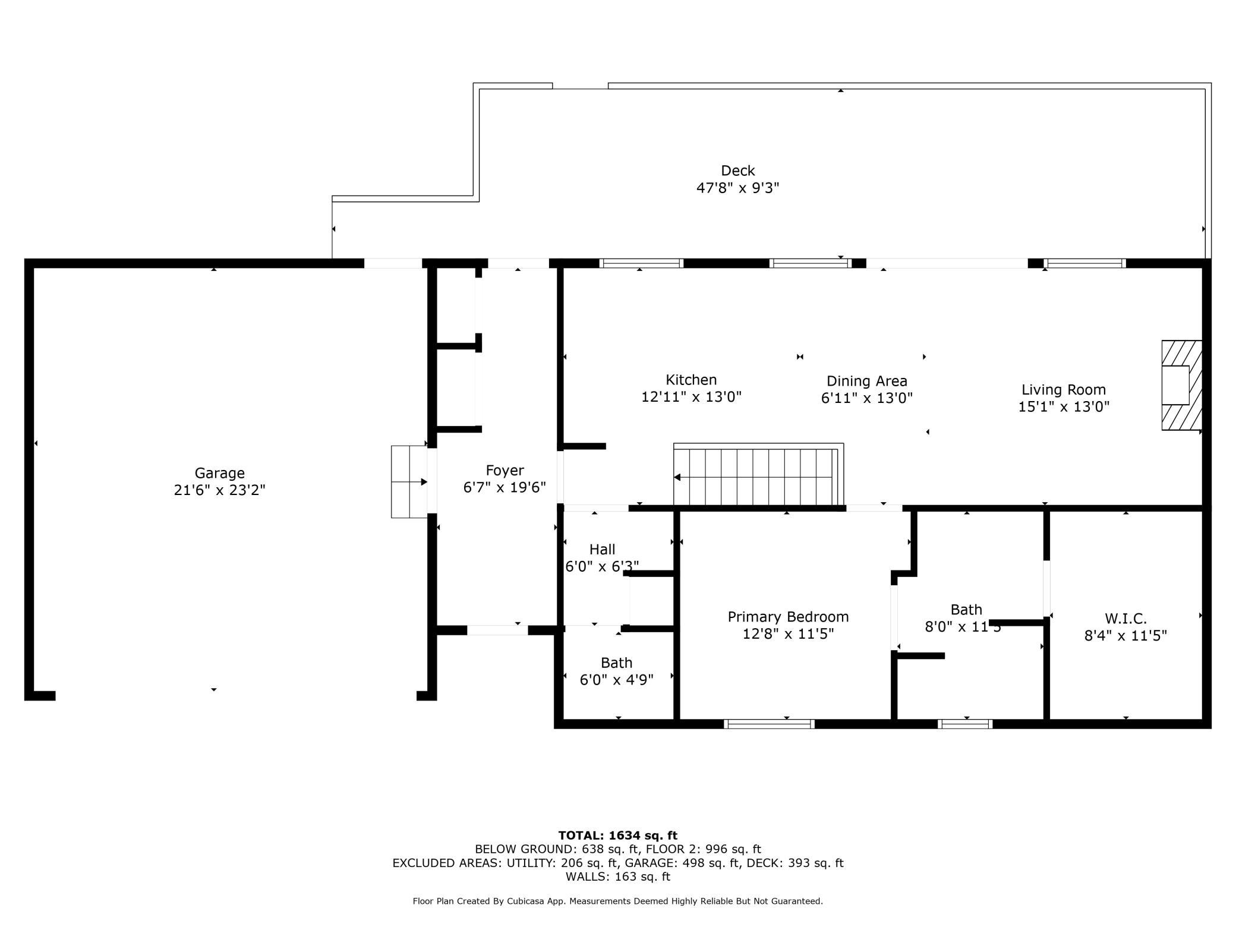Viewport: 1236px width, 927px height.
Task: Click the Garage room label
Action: point(219,473)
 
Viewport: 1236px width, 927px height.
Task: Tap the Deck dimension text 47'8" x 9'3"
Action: point(737,188)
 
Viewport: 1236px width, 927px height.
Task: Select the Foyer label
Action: point(505,471)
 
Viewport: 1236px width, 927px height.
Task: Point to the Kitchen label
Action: point(691,380)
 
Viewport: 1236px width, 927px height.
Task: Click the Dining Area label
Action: point(867,381)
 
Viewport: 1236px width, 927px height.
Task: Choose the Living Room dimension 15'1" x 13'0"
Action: point(1064,406)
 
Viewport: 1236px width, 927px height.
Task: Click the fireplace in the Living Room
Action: point(1182,385)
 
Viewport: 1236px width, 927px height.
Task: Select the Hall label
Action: point(602,549)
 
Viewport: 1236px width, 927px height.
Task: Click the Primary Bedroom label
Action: point(788,617)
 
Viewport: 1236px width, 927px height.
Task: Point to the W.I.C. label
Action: point(1125,619)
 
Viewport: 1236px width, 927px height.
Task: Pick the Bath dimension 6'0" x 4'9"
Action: point(617,679)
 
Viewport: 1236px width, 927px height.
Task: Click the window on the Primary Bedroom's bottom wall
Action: point(769,724)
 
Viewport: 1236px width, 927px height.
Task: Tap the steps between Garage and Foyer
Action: point(409,481)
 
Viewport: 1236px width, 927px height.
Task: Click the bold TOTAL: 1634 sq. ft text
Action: point(618,835)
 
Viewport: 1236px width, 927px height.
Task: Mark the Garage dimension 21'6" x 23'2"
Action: point(219,490)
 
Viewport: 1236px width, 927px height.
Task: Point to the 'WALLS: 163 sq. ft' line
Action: point(618,876)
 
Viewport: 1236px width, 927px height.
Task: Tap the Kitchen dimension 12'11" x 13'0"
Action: point(691,396)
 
